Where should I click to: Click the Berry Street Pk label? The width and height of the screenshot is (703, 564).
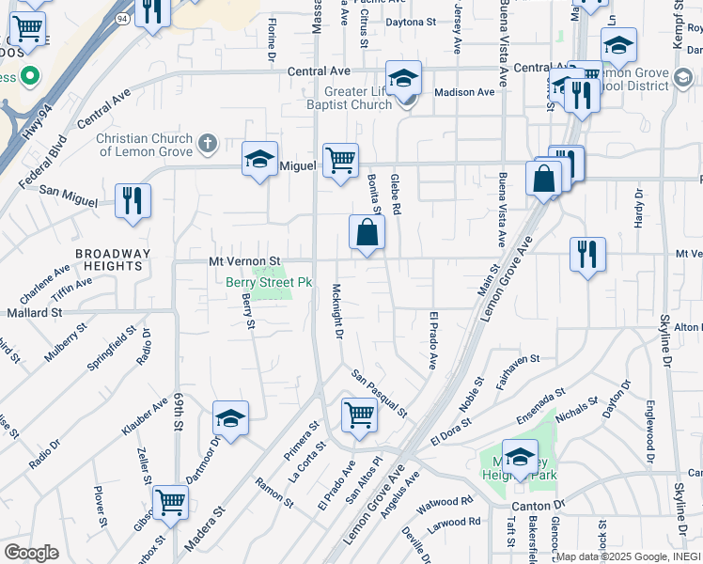(x=268, y=281)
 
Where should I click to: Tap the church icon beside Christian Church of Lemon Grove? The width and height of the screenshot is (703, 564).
(x=209, y=145)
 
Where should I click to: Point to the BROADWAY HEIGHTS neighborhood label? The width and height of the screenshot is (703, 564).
(x=113, y=259)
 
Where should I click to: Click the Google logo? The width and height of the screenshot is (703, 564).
(x=31, y=552)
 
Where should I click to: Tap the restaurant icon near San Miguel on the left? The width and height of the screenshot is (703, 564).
(x=133, y=201)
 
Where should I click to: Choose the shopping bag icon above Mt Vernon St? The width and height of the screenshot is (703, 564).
(x=367, y=233)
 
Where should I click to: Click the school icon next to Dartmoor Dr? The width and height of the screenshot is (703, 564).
(x=230, y=417)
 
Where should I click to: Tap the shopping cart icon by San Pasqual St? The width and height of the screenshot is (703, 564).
(x=359, y=415)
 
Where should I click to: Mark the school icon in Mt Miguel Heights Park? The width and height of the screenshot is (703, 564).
(x=520, y=456)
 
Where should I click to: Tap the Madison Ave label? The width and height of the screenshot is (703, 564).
(x=464, y=92)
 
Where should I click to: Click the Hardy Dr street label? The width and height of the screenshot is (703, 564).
(x=639, y=208)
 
